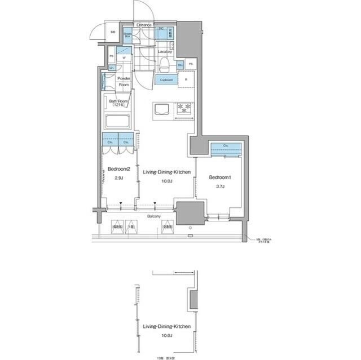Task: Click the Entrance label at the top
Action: (144, 25)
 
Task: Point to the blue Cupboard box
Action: (166, 80)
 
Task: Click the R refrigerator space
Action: (186, 79)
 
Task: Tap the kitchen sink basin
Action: (161, 108)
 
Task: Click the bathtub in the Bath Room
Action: (117, 121)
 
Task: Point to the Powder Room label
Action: (124, 82)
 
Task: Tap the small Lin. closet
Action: (112, 68)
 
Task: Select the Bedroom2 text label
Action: (119, 168)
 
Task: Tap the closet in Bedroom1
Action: (226, 147)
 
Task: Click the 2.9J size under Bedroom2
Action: (119, 178)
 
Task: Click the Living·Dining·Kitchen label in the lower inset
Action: (167, 327)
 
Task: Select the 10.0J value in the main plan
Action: (167, 181)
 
